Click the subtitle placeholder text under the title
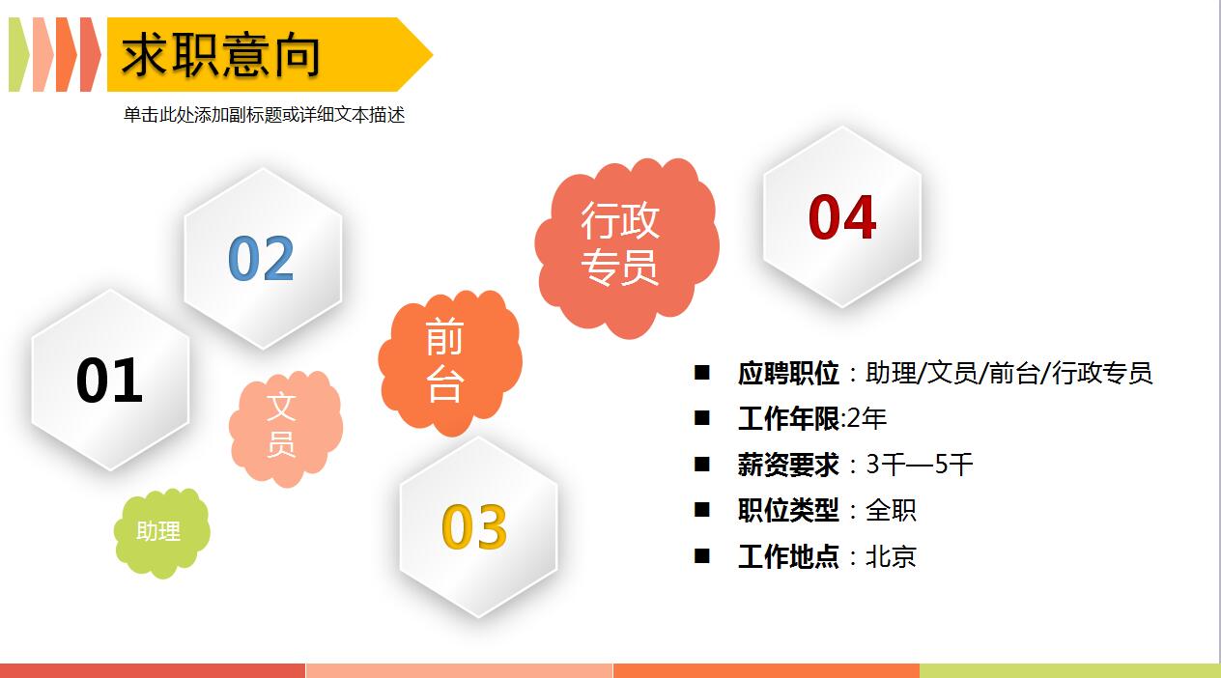[264, 115]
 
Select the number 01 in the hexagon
[109, 380]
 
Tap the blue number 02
[261, 258]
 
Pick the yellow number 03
[474, 526]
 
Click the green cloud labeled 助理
[159, 532]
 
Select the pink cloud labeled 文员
[282, 426]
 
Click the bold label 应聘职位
[788, 373]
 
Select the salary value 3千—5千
[919, 465]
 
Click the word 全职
[891, 510]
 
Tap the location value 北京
[891, 556]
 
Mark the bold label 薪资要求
[788, 465]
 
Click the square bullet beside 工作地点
[702, 555]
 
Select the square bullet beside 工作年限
[702, 418]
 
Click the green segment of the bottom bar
[1069, 670]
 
